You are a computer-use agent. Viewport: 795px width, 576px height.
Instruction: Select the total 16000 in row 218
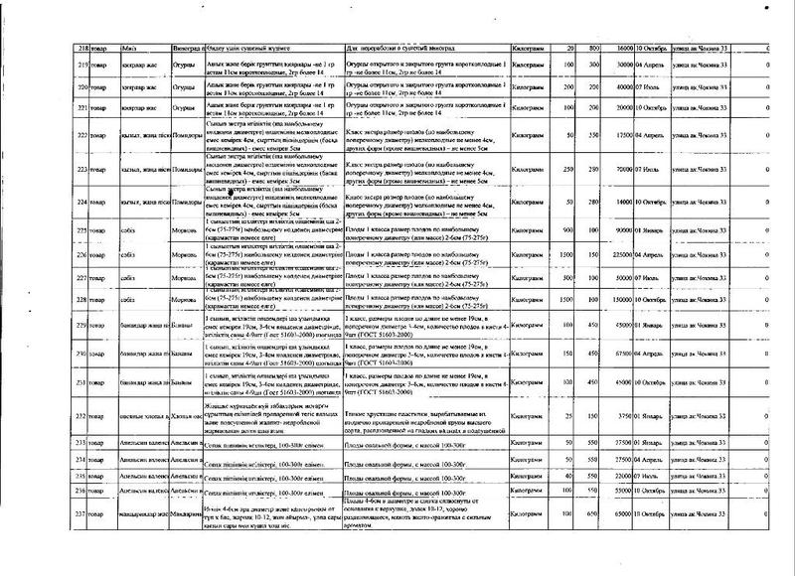click(x=628, y=48)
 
